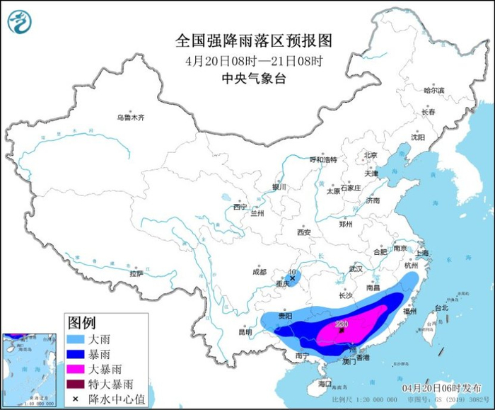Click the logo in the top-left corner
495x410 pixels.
[20, 21]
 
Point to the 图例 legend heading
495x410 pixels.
[82, 323]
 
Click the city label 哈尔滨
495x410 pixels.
[433, 91]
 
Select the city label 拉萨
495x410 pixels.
[136, 273]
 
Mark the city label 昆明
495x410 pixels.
[245, 331]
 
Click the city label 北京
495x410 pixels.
[371, 155]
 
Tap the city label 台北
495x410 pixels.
[441, 308]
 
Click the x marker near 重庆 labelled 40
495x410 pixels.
[292, 279]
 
